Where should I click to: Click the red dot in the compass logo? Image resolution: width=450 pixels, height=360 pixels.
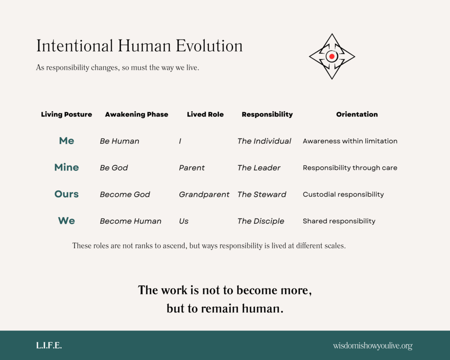click(x=332, y=57)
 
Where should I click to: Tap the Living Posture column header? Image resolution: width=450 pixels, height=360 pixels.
click(x=66, y=114)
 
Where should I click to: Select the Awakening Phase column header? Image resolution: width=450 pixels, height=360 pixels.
click(x=136, y=114)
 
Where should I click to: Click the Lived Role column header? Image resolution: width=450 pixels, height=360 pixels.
click(x=205, y=114)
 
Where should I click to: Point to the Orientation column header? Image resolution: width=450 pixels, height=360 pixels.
click(x=357, y=114)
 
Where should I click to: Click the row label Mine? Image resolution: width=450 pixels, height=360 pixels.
click(x=66, y=167)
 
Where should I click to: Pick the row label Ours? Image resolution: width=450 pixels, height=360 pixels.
click(x=66, y=194)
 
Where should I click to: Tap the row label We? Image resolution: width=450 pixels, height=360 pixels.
click(x=66, y=221)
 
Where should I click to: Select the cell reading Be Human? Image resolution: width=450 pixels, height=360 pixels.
click(x=120, y=141)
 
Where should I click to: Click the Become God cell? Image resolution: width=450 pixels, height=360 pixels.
click(x=125, y=194)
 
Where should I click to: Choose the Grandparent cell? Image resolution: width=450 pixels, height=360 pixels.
click(x=204, y=194)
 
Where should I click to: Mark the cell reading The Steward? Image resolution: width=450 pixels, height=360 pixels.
click(x=261, y=194)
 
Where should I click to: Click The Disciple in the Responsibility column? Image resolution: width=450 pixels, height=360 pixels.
click(x=261, y=221)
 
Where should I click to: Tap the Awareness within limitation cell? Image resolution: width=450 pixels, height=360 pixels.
click(x=350, y=141)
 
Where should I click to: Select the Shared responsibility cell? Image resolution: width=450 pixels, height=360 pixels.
click(x=339, y=221)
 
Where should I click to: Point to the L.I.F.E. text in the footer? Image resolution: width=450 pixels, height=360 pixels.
click(x=49, y=345)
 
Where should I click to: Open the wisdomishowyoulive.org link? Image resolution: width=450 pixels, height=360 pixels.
click(x=373, y=346)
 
